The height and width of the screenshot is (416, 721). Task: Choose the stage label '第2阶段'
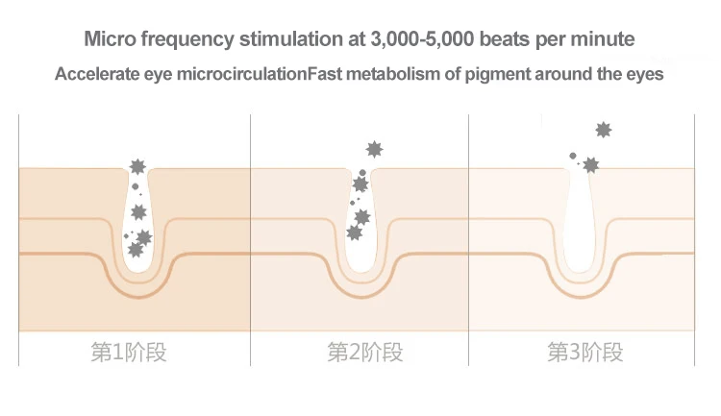pyautogui.click(x=365, y=352)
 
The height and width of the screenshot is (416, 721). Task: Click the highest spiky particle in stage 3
pyautogui.click(x=604, y=130)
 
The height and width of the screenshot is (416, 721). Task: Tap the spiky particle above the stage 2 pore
pyautogui.click(x=375, y=149)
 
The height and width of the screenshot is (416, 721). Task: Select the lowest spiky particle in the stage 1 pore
pyautogui.click(x=136, y=250)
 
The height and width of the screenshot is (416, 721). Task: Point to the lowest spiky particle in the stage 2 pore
pyautogui.click(x=355, y=232)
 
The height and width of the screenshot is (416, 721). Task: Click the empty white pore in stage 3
pyautogui.click(x=581, y=231)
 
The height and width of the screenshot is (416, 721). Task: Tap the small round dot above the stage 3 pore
pyautogui.click(x=573, y=156)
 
